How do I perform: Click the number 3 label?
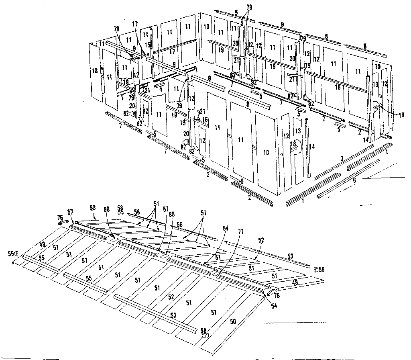(342, 160)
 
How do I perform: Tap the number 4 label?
(161, 89)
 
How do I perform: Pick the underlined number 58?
(120, 208)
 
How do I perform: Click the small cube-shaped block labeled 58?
(205, 332)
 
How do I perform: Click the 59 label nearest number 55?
(11, 253)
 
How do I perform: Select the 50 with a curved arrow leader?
(93, 207)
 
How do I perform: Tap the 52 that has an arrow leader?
(261, 240)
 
